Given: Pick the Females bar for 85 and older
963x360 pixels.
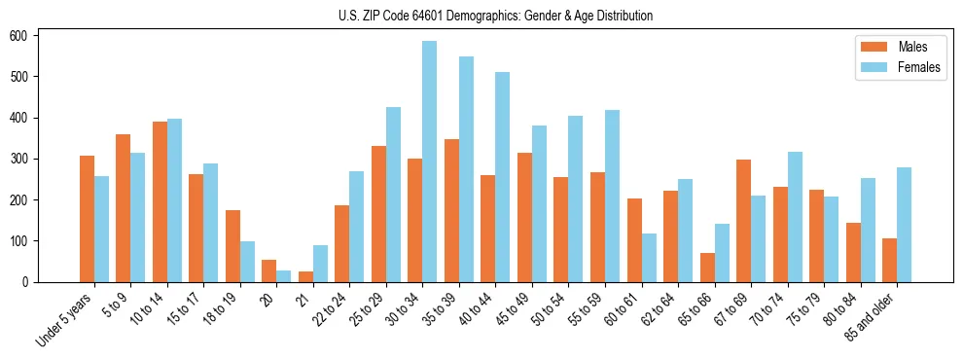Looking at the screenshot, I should pyautogui.click(x=904, y=225).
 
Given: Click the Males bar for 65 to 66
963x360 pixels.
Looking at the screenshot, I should pyautogui.click(x=707, y=268).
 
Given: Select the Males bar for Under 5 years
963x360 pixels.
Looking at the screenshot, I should pyautogui.click(x=87, y=219).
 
